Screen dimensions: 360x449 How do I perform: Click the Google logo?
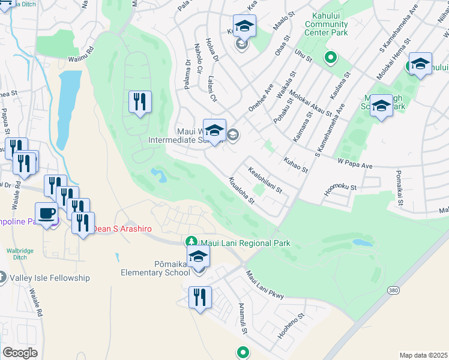point(20,353)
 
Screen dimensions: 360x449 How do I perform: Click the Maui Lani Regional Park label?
point(246,243)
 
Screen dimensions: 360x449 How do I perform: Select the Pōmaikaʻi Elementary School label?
point(155,268)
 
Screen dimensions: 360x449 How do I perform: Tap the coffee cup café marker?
point(46,213)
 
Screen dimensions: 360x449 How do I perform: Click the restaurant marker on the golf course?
point(140,102)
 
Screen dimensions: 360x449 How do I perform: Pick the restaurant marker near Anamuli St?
point(200,297)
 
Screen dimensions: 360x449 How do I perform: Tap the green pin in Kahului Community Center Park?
point(330,58)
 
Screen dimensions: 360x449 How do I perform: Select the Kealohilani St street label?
point(265,181)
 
